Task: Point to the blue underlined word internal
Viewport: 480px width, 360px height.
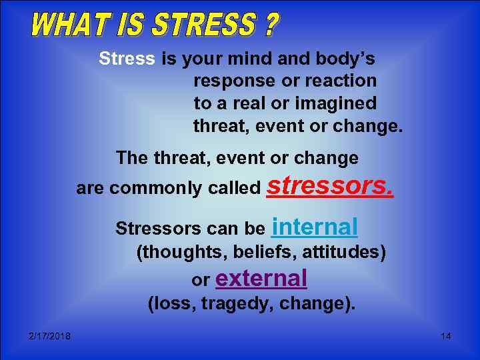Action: pyautogui.click(x=315, y=227)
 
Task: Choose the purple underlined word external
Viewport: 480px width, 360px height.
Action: pyautogui.click(x=261, y=278)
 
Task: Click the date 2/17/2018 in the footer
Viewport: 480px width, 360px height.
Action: pyautogui.click(x=50, y=336)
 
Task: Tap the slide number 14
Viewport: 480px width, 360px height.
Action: pyautogui.click(x=445, y=336)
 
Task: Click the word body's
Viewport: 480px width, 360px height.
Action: pyautogui.click(x=344, y=59)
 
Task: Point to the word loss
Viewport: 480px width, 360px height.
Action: pyautogui.click(x=169, y=305)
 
